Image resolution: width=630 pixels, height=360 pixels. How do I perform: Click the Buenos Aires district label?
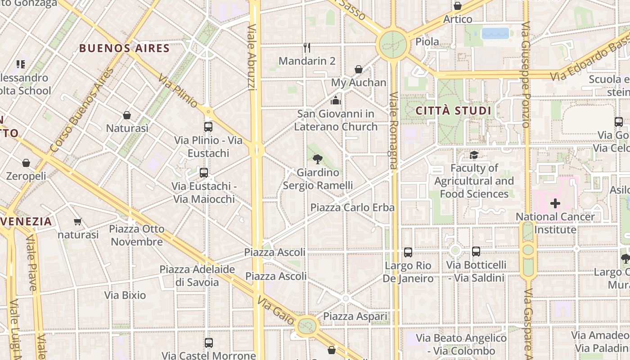tap(124, 49)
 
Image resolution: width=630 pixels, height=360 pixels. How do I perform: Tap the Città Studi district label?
tap(453, 111)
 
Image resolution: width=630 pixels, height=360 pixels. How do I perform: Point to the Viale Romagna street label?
tap(393, 130)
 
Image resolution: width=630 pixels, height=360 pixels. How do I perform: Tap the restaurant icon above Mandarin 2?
tap(307, 47)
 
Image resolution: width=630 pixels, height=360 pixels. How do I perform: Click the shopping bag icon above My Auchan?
tap(359, 69)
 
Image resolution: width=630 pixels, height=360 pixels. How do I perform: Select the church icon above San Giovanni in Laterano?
tap(336, 100)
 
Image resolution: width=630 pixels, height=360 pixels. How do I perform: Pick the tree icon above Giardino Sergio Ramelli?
tap(318, 158)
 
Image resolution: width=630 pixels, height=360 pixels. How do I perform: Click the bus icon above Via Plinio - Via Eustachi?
tap(208, 127)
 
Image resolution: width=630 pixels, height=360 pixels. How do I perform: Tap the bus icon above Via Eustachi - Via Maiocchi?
tap(204, 172)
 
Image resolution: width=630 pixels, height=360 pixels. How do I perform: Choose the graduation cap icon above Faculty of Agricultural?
tap(474, 155)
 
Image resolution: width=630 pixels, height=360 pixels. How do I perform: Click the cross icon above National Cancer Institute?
tap(555, 203)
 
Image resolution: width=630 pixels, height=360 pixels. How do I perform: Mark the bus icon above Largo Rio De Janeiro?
tap(408, 252)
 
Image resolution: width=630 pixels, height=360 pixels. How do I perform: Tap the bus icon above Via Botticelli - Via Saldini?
tap(476, 252)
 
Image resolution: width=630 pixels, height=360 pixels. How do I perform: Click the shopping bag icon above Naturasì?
tap(127, 115)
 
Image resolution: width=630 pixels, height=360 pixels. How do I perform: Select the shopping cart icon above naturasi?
tap(77, 221)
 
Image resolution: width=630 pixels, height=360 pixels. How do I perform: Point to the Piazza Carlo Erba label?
tap(352, 207)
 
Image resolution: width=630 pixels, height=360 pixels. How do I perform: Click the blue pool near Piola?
tap(495, 33)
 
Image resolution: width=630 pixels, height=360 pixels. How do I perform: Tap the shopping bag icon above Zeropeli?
tap(26, 163)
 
